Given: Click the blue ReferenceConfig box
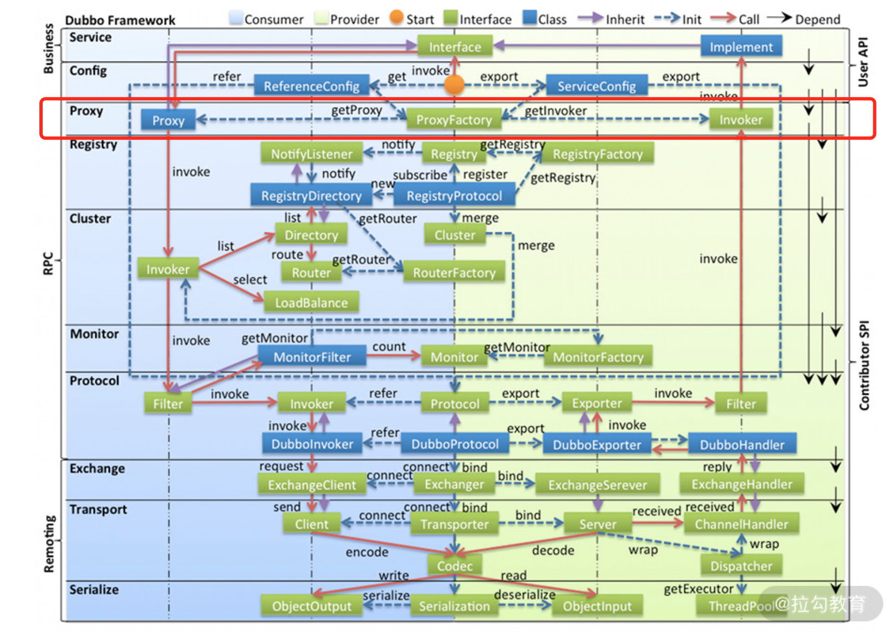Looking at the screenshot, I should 311,86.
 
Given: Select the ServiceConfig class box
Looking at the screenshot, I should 597,86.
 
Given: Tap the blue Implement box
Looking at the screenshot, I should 741,47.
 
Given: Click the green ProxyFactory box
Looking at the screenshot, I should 454,120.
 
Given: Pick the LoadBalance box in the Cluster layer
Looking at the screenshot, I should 311,303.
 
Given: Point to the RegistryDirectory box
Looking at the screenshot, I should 311,196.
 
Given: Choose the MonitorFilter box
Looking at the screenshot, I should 312,357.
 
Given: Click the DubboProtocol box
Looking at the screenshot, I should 455,444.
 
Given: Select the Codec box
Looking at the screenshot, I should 455,566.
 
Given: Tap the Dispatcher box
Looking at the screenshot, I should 741,566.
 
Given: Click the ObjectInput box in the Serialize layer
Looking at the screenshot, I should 597,606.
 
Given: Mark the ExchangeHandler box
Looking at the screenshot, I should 741,484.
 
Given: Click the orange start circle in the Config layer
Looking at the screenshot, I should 454,85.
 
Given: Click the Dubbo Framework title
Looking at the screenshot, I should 120,21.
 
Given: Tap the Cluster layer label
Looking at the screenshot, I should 90,218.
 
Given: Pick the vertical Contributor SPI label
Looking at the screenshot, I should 864,366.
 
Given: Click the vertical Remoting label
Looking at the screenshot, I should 49,544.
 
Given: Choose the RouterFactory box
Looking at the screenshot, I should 454,273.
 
